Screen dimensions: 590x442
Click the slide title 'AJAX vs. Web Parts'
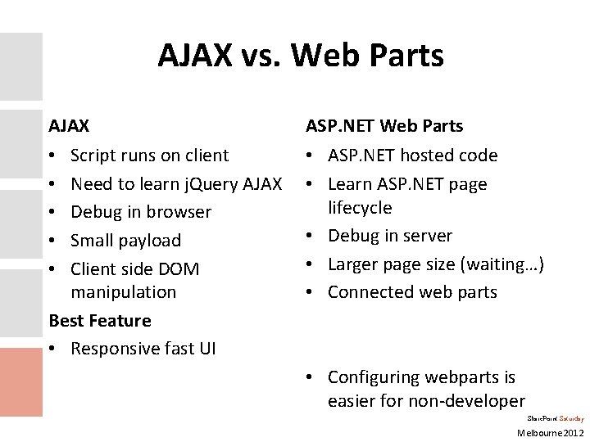click(301, 56)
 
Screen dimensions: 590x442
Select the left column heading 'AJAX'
click(70, 126)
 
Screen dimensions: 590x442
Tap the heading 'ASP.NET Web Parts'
click(384, 126)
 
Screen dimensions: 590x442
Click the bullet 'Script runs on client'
click(150, 155)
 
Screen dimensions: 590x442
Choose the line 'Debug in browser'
click(141, 212)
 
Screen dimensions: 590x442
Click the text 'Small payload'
click(125, 241)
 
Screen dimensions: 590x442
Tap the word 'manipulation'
click(124, 292)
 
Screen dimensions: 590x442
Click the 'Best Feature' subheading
click(100, 321)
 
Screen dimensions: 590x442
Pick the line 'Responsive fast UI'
click(143, 349)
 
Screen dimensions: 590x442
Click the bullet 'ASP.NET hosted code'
click(412, 155)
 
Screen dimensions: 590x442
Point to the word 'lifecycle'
click(361, 208)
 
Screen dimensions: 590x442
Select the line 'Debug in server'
click(390, 236)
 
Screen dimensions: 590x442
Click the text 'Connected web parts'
click(412, 292)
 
